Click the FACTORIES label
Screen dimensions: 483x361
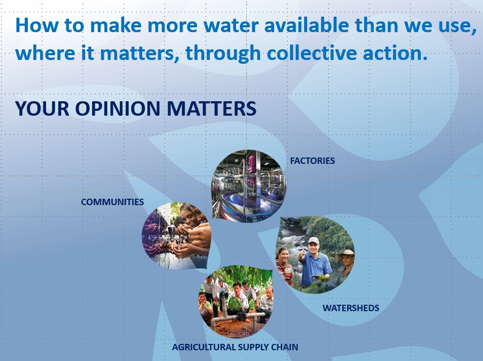[312, 161]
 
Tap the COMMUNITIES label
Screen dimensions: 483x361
[112, 202]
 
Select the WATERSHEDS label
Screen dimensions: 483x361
[351, 308]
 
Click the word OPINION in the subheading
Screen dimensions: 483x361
[118, 108]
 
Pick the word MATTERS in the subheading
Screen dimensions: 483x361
[212, 108]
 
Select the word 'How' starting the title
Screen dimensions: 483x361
[36, 25]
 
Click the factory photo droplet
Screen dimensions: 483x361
[249, 186]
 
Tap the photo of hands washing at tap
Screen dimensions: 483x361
[176, 235]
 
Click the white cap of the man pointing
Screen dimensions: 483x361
[313, 240]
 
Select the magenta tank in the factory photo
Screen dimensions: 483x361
[252, 164]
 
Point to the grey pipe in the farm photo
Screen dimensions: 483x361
[237, 317]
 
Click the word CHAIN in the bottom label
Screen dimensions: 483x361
[285, 347]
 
